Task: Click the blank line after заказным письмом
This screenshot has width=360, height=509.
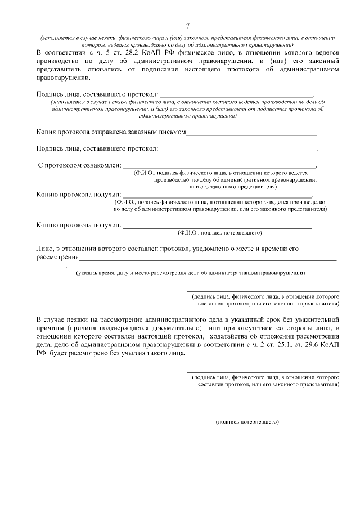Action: tap(251, 135)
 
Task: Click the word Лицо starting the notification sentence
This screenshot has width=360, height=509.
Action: tap(44, 248)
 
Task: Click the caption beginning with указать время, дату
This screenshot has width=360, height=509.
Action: tap(191, 273)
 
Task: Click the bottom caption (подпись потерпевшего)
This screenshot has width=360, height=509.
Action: tap(247, 421)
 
